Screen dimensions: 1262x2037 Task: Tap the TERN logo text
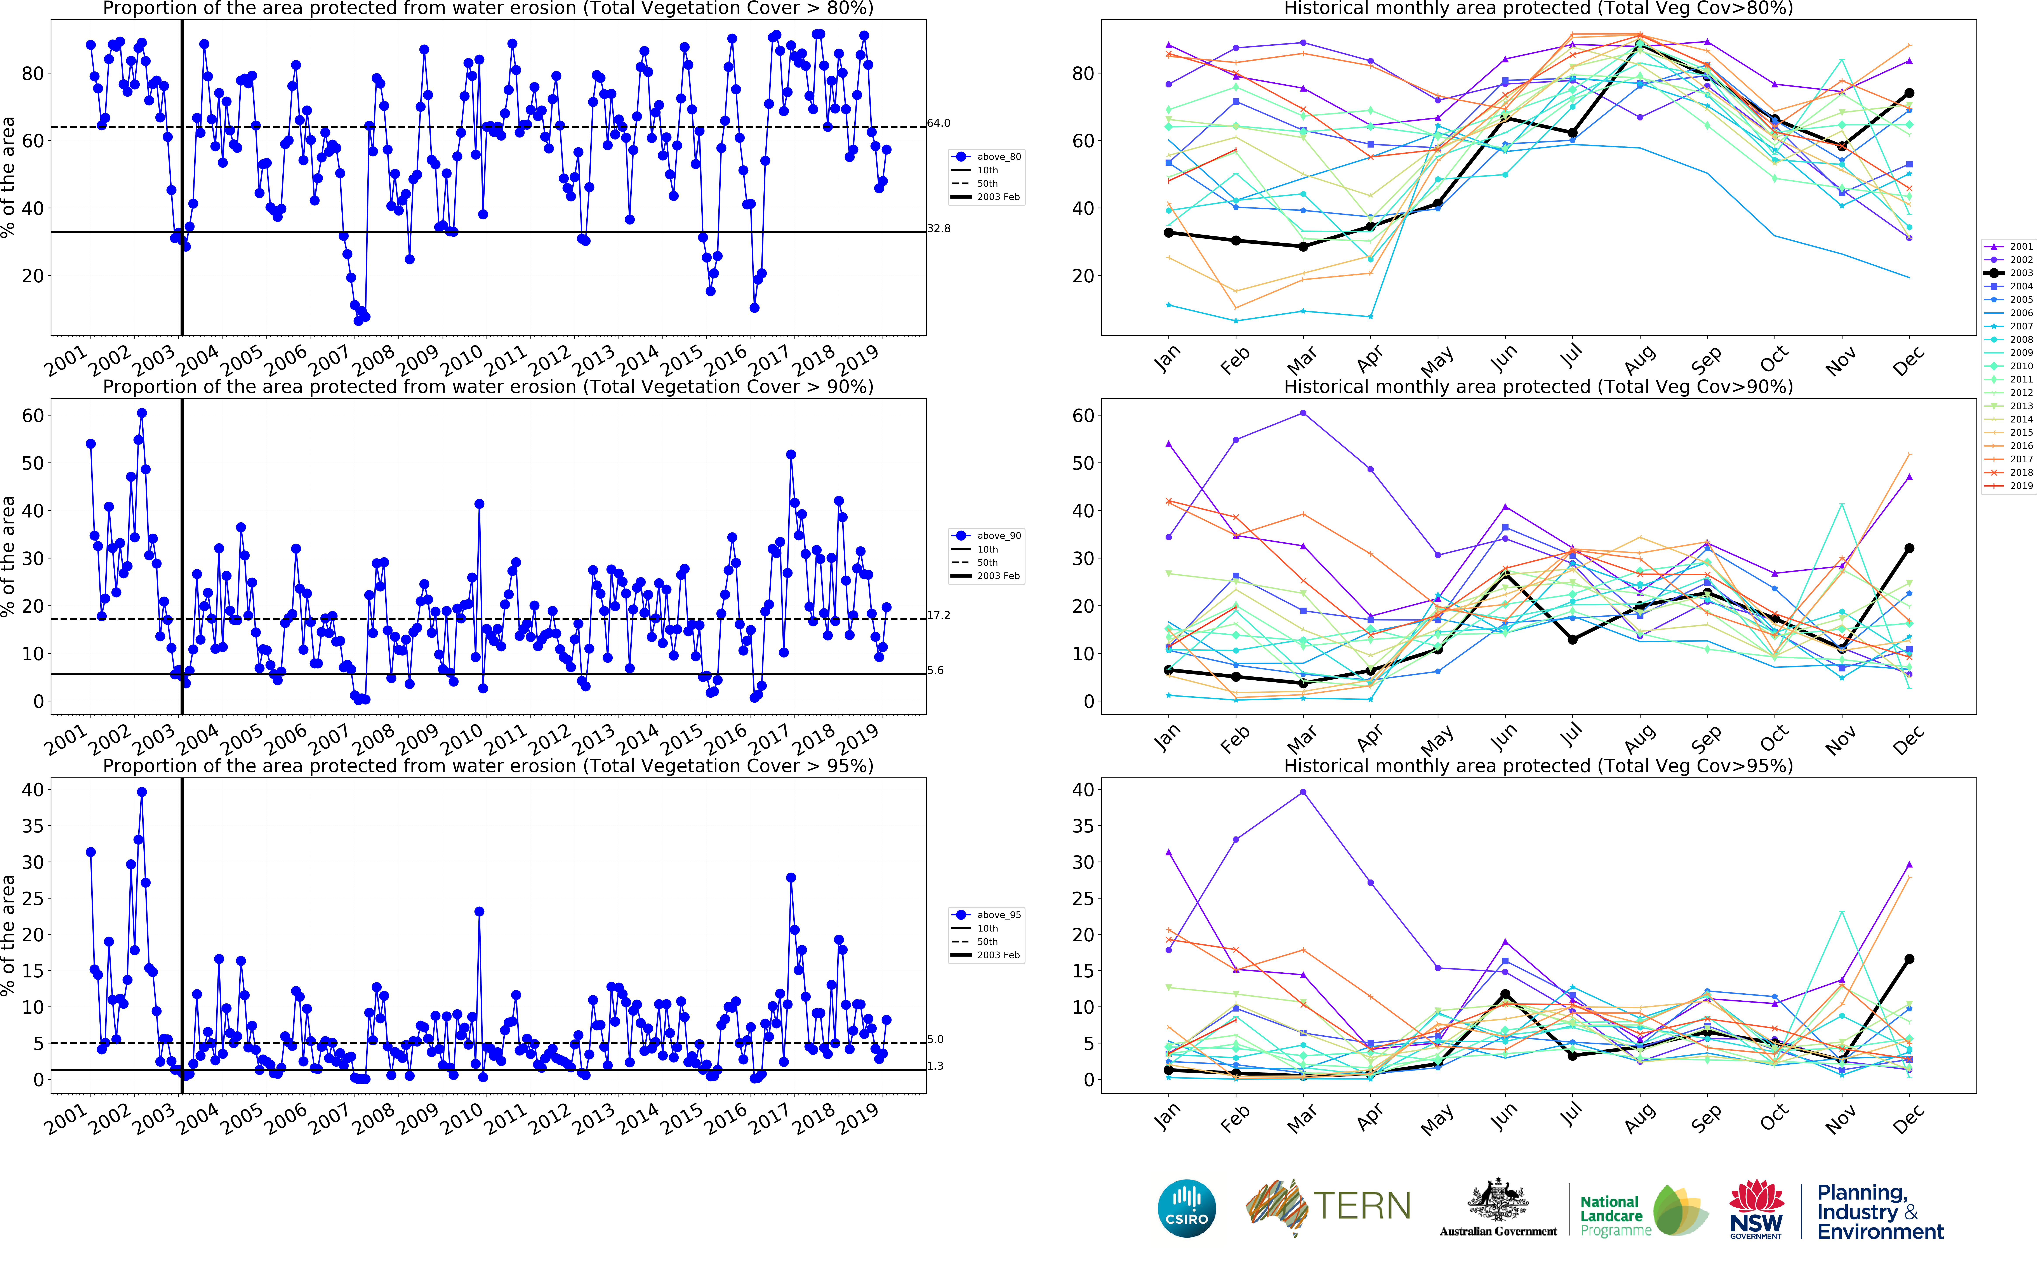click(1362, 1206)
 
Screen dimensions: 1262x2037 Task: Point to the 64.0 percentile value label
click(939, 123)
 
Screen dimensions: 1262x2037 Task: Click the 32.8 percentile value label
click(939, 229)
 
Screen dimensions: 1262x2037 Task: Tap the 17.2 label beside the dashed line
click(939, 616)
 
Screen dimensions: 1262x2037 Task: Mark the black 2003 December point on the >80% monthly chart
click(1909, 94)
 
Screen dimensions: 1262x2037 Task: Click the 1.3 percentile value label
click(935, 1067)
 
